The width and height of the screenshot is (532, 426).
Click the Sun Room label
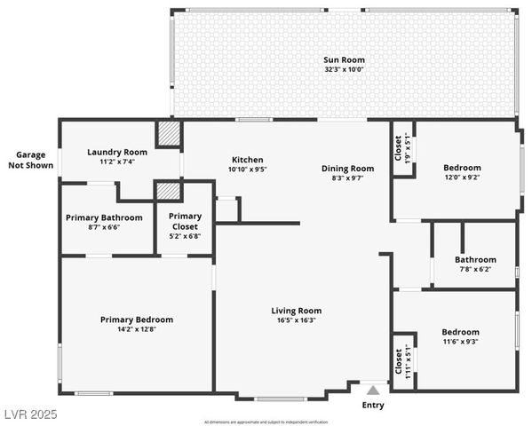click(x=344, y=60)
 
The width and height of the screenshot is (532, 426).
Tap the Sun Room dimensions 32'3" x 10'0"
click(x=344, y=69)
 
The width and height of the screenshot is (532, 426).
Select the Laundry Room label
click(x=117, y=152)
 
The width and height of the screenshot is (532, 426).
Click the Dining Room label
click(x=347, y=168)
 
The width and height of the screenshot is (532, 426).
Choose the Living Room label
click(x=297, y=311)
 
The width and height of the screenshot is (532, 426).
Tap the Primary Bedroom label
click(x=136, y=319)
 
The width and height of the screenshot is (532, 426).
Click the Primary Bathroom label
click(x=104, y=217)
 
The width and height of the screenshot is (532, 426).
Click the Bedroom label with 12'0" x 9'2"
click(x=462, y=168)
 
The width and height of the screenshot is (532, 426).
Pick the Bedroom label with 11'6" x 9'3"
click(x=460, y=332)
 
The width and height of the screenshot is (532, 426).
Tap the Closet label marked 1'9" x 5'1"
click(x=397, y=147)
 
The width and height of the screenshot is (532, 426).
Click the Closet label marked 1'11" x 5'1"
click(x=398, y=359)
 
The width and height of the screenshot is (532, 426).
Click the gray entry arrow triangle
click(x=374, y=389)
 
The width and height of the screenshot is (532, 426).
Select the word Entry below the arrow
click(x=374, y=406)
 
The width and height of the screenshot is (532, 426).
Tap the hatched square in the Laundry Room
click(x=169, y=133)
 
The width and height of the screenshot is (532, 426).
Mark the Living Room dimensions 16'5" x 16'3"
click(x=297, y=320)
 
